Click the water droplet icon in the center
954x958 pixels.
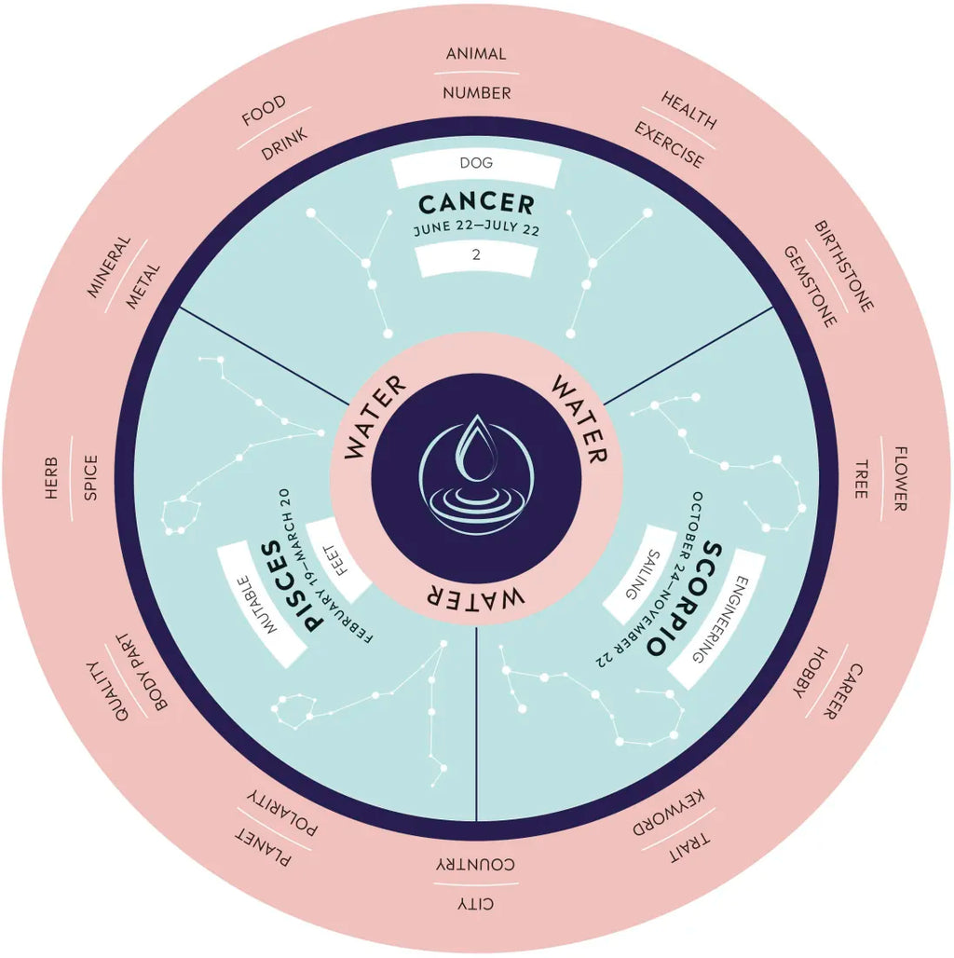(476, 474)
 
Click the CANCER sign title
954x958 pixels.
(476, 204)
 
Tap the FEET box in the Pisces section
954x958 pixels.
(338, 560)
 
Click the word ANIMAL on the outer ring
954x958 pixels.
(476, 54)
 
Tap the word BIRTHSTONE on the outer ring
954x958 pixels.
(843, 266)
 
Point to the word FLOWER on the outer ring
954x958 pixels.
(900, 479)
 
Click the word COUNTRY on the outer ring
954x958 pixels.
(475, 864)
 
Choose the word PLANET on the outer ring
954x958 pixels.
(263, 848)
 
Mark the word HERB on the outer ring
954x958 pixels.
(51, 478)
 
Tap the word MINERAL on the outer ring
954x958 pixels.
(109, 267)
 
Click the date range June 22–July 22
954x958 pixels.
(476, 229)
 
